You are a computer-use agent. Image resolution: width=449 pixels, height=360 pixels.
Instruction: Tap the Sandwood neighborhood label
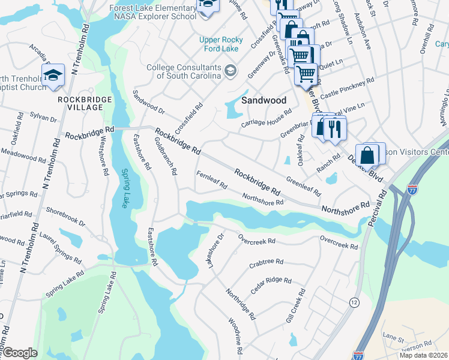coord(264,100)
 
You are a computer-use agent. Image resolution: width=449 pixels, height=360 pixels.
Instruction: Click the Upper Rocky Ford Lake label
coord(221,44)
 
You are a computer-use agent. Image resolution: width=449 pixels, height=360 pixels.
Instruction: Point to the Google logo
coord(20,353)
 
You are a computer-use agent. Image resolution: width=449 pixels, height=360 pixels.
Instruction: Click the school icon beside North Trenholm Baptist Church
coord(53,74)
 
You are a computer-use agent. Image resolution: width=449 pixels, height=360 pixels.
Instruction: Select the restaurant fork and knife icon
coord(335,128)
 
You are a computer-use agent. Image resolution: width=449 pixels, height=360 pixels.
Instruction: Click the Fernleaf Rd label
coord(211,180)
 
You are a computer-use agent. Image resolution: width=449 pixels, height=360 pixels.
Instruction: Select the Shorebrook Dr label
coord(66,217)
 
